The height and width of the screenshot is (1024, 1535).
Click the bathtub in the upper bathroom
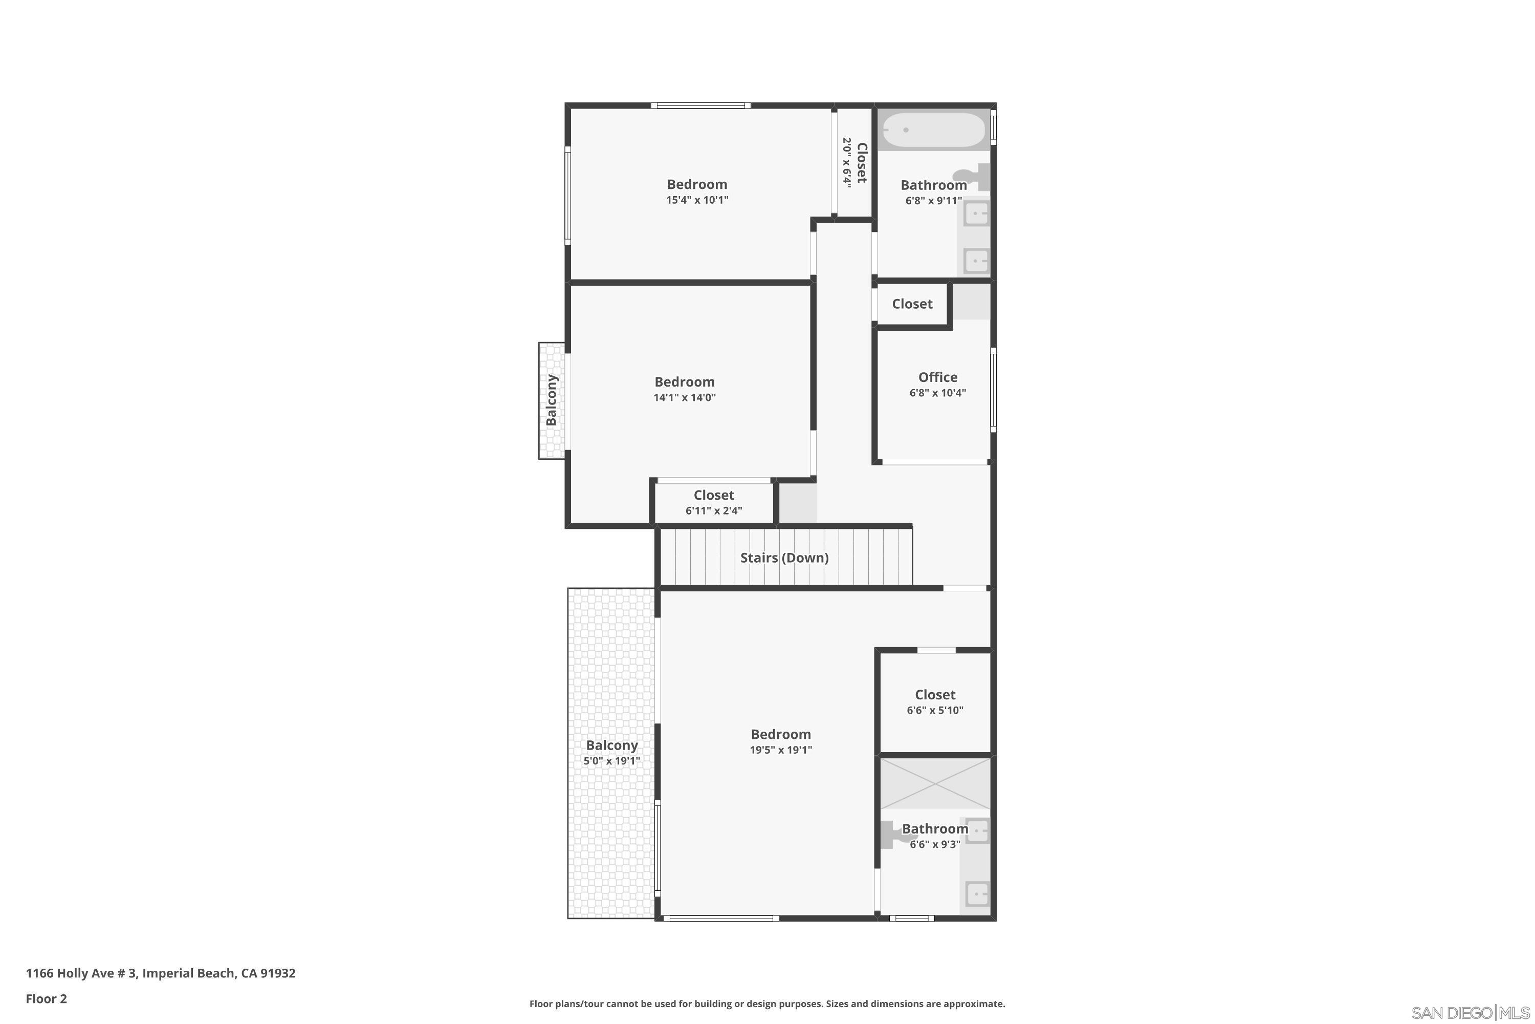pos(933,131)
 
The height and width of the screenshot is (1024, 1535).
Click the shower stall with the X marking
pos(935,782)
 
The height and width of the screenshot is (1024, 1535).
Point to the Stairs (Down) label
pos(784,558)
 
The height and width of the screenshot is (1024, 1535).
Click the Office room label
pos(937,377)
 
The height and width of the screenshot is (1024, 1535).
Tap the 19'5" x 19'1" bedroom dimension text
pos(781,750)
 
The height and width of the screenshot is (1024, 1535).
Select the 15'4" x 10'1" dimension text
pos(697,200)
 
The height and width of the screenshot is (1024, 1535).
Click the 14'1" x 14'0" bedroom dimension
pos(685,397)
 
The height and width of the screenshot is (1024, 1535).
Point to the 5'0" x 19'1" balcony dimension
pos(611,761)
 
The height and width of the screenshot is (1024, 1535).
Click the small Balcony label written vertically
pos(552,400)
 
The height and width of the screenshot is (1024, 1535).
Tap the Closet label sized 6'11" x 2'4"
pos(713,495)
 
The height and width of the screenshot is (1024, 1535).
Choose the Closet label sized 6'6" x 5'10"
pos(935,695)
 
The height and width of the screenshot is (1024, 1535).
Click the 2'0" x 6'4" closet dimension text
pos(846,163)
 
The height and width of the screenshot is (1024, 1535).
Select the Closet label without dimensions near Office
pos(912,304)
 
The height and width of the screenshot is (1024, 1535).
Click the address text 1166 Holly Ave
pos(81,973)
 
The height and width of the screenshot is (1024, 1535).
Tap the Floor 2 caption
pos(47,998)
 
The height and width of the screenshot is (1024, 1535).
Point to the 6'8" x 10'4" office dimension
pos(937,393)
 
